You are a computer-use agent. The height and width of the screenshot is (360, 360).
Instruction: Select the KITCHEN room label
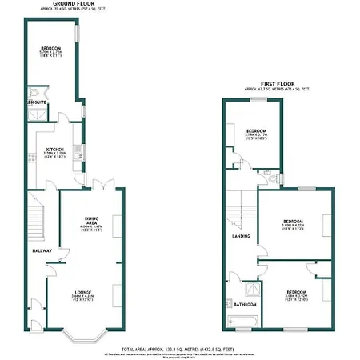pos(54,149)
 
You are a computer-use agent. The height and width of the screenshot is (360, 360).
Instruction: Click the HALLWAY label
pos(42,251)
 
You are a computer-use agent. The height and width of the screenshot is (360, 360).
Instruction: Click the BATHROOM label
pos(244,304)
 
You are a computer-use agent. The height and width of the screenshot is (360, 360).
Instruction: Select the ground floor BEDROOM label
pos(51,50)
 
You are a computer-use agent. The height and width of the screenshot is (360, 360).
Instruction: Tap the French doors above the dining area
pos(99,187)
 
